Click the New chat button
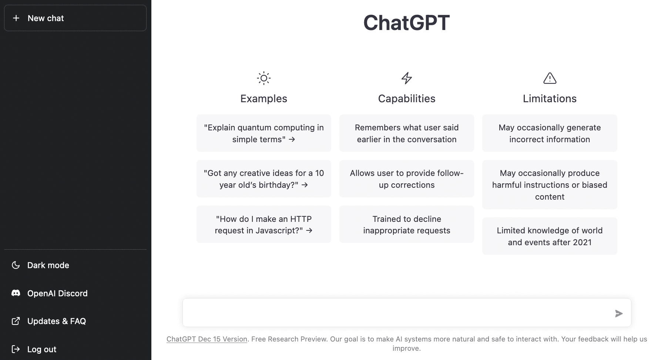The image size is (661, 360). pos(75,18)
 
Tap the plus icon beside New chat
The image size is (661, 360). pos(16,18)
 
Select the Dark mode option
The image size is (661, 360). pos(48,265)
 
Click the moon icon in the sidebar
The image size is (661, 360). pos(16,265)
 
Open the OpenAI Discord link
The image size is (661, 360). pos(57,293)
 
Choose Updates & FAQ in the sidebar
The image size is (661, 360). pos(57,321)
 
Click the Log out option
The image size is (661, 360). pos(42,349)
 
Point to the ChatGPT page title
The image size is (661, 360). pos(406,23)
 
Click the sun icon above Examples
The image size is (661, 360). pos(264,78)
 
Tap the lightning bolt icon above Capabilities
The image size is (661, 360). pos(407,78)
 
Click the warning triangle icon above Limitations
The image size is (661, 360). pos(550,78)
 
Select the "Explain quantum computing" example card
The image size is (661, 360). pos(264,133)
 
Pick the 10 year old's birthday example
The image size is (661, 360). pos(264,179)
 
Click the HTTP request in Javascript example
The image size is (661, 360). pos(264,224)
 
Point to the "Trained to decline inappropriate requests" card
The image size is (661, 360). pos(407,224)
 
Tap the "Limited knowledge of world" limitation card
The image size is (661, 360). pos(550,236)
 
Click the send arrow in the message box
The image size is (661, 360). pos(619,313)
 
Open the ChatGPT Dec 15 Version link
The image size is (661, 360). pos(207,339)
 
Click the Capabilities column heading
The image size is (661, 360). pos(407,99)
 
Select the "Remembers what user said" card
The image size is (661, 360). pos(407,133)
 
